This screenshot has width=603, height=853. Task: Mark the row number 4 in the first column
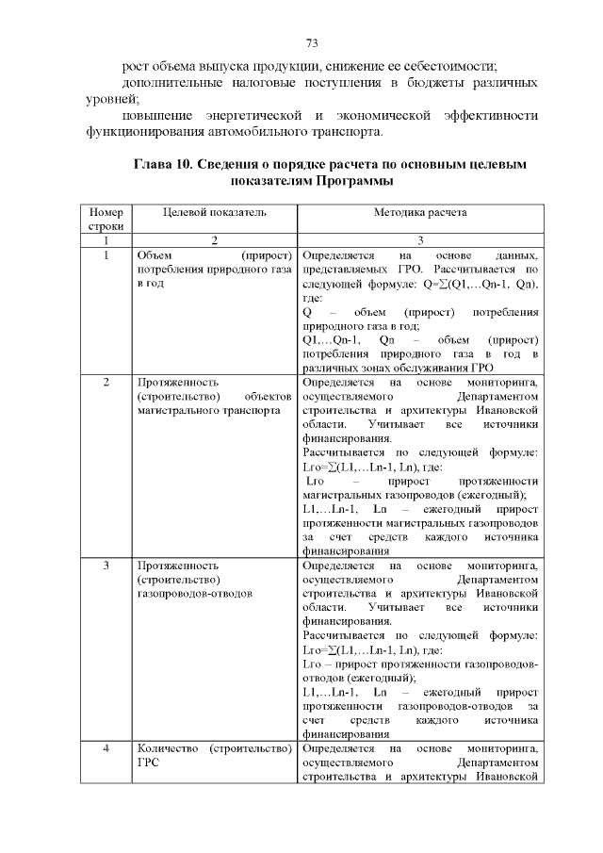click(106, 749)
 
